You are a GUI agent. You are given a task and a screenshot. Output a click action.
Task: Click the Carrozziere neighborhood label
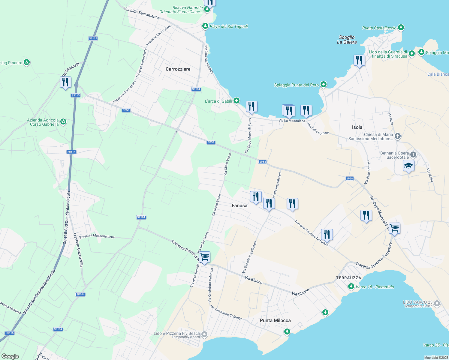pyautogui.click(x=178, y=69)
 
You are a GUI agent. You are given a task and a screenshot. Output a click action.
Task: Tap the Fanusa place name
pyautogui.click(x=240, y=205)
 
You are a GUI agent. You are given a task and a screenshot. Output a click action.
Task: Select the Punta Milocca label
pyautogui.click(x=275, y=320)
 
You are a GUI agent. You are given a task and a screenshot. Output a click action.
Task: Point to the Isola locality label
pyautogui.click(x=357, y=127)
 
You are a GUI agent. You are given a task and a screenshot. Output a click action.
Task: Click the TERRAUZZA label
pyautogui.click(x=349, y=278)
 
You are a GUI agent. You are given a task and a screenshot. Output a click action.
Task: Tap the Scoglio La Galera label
pyautogui.click(x=347, y=40)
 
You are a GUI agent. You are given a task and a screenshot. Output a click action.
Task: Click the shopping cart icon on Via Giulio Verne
pyautogui.click(x=204, y=257)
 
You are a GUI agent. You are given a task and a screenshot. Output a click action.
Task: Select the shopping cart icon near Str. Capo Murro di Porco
pyautogui.click(x=394, y=228)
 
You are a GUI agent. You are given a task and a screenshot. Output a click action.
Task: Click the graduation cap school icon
pyautogui.click(x=408, y=166)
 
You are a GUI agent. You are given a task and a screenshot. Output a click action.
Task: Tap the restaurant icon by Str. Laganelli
pyautogui.click(x=65, y=82)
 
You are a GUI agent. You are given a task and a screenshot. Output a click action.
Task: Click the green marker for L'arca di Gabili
pyautogui.click(x=237, y=101)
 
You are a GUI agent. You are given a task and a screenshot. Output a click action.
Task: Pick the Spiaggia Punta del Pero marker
pyautogui.click(x=323, y=85)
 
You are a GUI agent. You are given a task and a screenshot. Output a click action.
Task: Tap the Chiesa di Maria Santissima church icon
pyautogui.click(x=397, y=136)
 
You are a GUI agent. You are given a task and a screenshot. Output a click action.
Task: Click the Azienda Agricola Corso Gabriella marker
pyautogui.click(x=63, y=122)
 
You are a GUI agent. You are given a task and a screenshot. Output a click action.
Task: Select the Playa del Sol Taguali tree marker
pyautogui.click(x=205, y=26)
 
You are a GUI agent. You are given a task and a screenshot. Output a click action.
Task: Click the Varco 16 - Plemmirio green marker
pyautogui.click(x=351, y=286)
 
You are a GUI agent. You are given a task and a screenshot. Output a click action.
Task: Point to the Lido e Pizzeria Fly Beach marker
pyautogui.click(x=204, y=334)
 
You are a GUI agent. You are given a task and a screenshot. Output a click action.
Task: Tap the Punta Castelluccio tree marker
pyautogui.click(x=401, y=28)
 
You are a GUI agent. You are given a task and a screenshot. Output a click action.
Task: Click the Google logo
pyautogui.click(x=10, y=356)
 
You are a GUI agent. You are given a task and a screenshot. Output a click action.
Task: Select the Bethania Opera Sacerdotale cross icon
pyautogui.click(x=413, y=155)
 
